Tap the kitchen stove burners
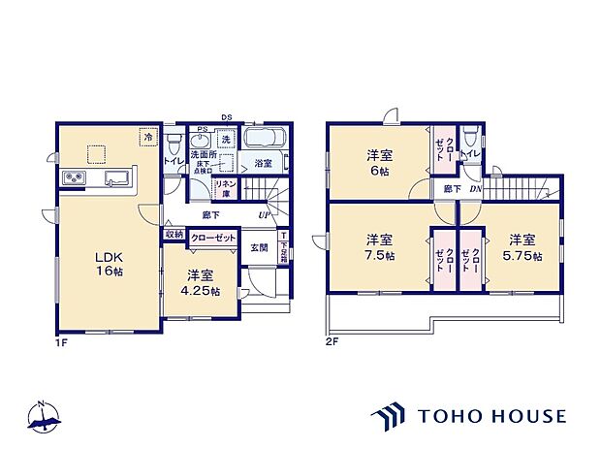pyautogui.click(x=75, y=178)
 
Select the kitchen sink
pyautogui.click(x=117, y=178)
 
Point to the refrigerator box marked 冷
pyautogui.click(x=148, y=138)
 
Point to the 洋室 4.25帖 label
pyautogui.click(x=202, y=282)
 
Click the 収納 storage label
pyautogui.click(x=173, y=234)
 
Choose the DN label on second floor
pyautogui.click(x=475, y=189)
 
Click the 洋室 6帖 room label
pyautogui.click(x=378, y=161)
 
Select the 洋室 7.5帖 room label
pyautogui.click(x=378, y=247)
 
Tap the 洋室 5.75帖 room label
pyautogui.click(x=522, y=247)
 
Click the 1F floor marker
pyautogui.click(x=61, y=340)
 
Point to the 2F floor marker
pyautogui.click(x=332, y=340)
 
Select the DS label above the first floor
pyautogui.click(x=225, y=117)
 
